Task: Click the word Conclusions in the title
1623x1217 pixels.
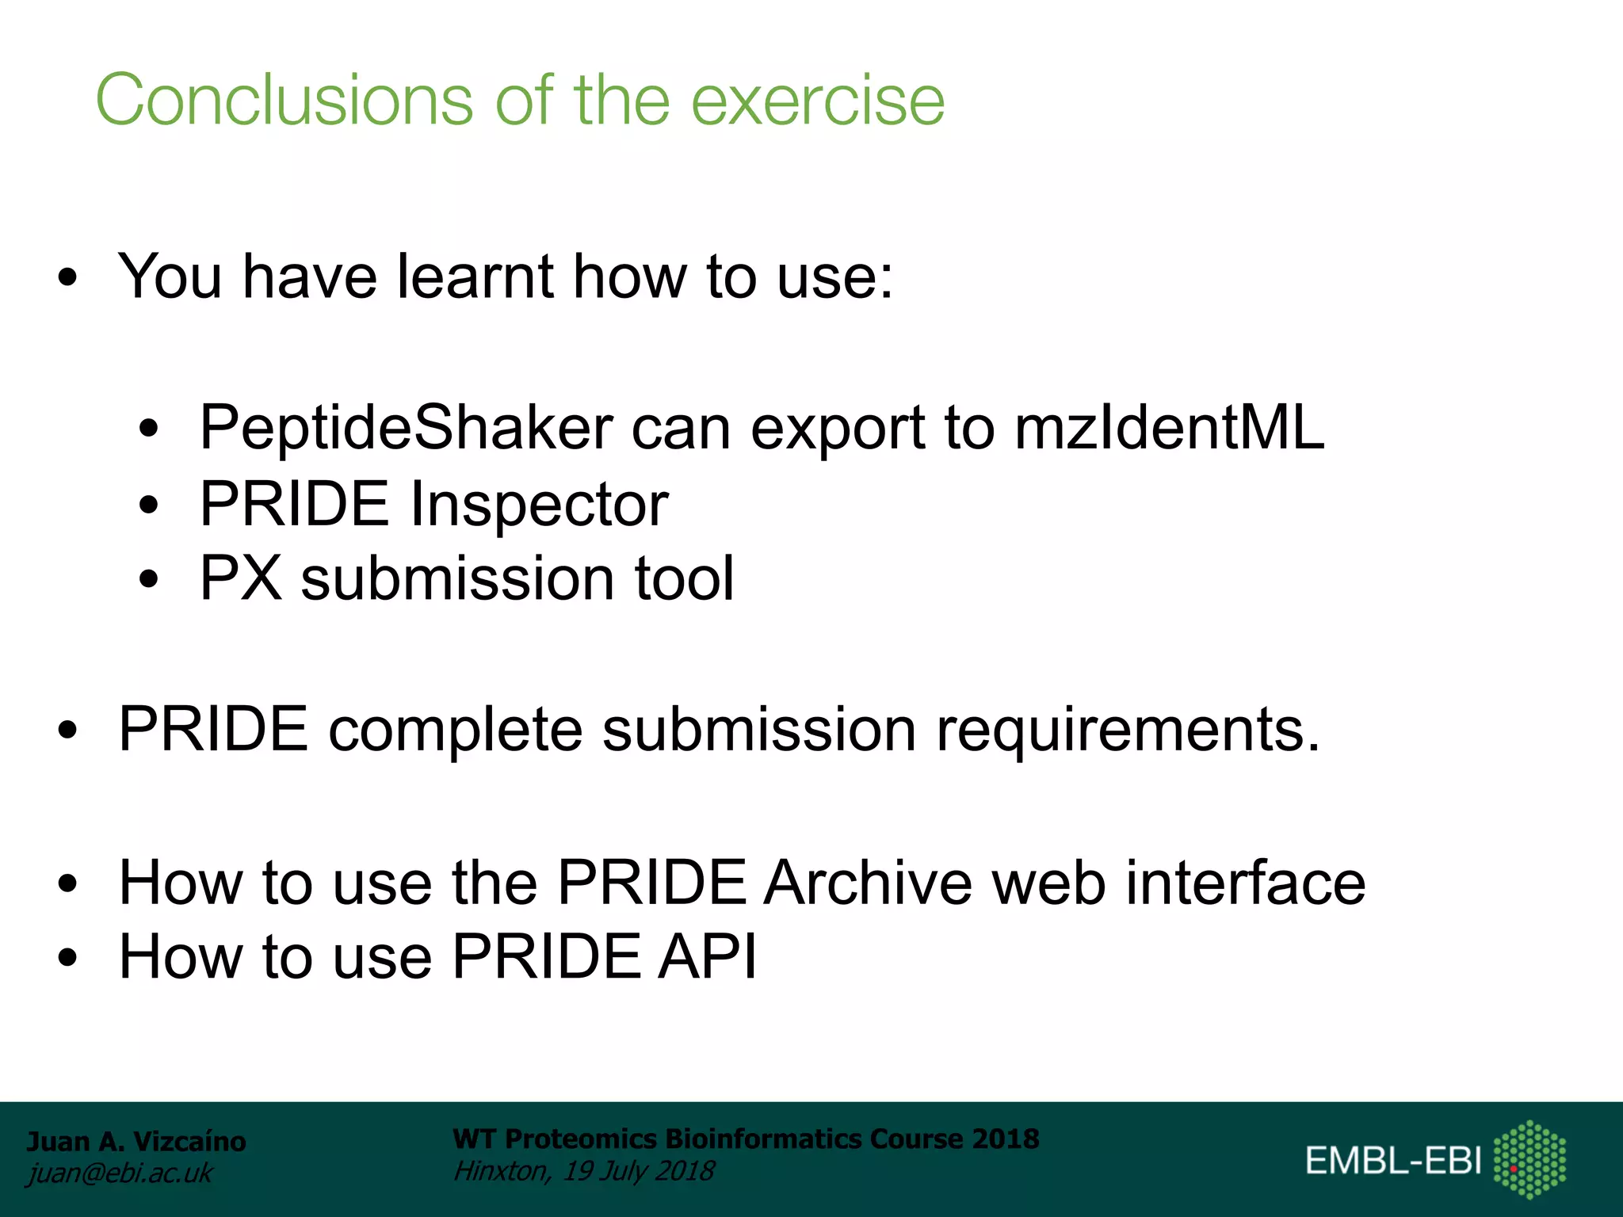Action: coord(284,101)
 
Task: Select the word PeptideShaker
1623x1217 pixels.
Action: coord(406,428)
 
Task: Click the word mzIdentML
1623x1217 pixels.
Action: coord(1169,428)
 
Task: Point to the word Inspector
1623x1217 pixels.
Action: coord(539,505)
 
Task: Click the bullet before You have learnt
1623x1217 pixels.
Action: coord(68,278)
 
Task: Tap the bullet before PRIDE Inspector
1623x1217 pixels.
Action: coord(148,505)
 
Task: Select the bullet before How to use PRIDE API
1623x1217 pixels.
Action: coord(68,957)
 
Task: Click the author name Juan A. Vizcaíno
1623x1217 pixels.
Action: coord(136,1142)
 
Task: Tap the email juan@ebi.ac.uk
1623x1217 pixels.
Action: coord(120,1173)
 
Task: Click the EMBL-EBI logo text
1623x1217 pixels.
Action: coord(1393,1161)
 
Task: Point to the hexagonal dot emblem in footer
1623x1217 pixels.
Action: coord(1529,1159)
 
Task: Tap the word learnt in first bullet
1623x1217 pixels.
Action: coord(474,277)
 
